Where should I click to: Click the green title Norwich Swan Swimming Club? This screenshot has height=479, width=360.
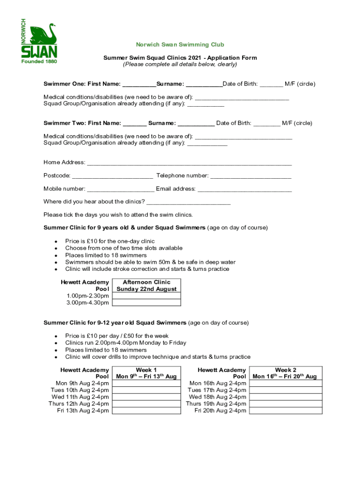pyautogui.click(x=180, y=45)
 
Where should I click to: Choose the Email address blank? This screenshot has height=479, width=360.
pyautogui.click(x=245, y=190)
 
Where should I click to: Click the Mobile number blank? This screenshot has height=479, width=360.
pyautogui.click(x=121, y=190)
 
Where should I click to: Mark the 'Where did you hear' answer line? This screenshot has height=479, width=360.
pyautogui.click(x=188, y=203)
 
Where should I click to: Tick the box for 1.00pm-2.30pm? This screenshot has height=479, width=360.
pyautogui.click(x=146, y=296)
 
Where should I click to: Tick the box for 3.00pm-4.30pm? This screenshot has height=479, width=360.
pyautogui.click(x=146, y=303)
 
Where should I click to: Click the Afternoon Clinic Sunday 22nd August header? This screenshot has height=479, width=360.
pyautogui.click(x=146, y=286)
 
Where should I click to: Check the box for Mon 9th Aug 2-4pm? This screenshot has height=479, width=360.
pyautogui.click(x=146, y=384)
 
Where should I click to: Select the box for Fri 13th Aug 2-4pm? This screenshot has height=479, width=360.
pyautogui.click(x=146, y=411)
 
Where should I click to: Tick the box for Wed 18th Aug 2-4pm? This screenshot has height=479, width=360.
pyautogui.click(x=285, y=397)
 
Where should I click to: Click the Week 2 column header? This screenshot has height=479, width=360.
pyautogui.click(x=285, y=373)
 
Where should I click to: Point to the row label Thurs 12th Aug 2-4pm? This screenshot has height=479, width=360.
pyautogui.click(x=79, y=404)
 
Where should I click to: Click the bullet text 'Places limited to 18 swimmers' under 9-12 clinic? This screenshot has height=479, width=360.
pyautogui.click(x=106, y=350)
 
